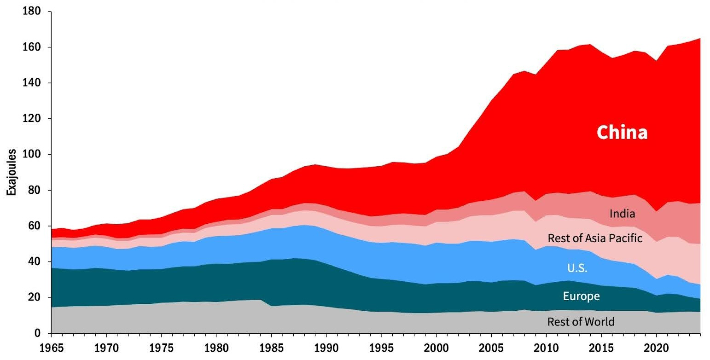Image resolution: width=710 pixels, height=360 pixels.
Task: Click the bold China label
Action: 622,133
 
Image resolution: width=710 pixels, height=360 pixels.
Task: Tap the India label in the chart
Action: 622,214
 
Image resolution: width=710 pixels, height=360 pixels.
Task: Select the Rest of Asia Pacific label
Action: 594,238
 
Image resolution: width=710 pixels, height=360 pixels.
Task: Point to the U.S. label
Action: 577,268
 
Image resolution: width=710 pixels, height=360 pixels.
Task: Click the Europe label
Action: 581,296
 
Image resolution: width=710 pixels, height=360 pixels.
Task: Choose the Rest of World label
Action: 581,321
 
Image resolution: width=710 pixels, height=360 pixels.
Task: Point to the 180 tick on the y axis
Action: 29,12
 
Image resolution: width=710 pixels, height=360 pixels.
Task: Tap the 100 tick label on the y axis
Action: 29,154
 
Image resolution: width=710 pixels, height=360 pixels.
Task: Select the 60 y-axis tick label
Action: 32,226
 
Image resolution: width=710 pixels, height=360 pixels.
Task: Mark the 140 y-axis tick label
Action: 29,83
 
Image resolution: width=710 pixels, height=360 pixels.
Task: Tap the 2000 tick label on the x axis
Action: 436,347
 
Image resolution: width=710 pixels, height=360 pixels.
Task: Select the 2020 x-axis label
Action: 656,347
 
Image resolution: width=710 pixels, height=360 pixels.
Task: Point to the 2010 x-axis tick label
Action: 546,347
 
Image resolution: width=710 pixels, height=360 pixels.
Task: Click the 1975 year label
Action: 162,347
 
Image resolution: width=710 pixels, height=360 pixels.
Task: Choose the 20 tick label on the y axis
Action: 32,297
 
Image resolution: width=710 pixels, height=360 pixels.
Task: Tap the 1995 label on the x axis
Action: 381,347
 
